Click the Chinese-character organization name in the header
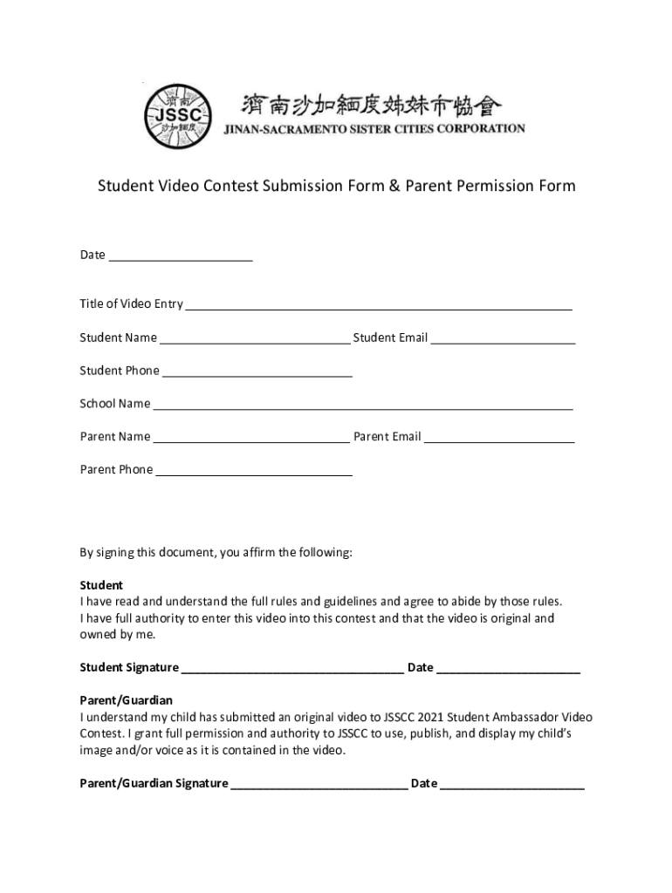tap(372, 106)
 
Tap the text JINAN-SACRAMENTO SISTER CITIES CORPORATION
tap(374, 129)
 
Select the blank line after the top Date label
tap(180, 258)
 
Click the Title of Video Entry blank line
tap(379, 307)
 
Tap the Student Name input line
tap(255, 341)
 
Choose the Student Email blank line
tap(503, 341)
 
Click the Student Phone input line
tap(257, 374)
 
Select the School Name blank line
tap(363, 406)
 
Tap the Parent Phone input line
tap(254, 473)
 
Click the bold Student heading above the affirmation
tap(101, 585)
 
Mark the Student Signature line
tap(292, 671)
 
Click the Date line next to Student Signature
tap(508, 671)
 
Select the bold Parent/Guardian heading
tap(127, 700)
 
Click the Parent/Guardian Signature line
tap(319, 787)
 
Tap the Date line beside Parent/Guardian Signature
tap(512, 787)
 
